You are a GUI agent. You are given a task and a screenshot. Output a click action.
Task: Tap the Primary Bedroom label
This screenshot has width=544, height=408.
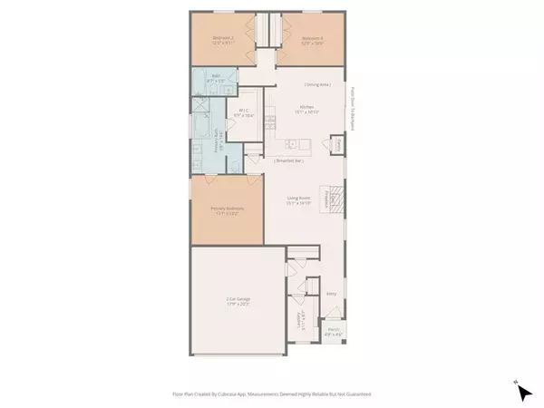click(x=227, y=210)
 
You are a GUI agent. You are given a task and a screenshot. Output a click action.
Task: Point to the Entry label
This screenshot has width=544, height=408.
click(x=330, y=294)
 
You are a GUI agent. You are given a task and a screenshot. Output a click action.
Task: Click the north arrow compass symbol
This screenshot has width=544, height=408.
click(x=522, y=392)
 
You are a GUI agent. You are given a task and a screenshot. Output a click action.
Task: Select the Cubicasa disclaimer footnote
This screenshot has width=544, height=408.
click(x=272, y=394)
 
